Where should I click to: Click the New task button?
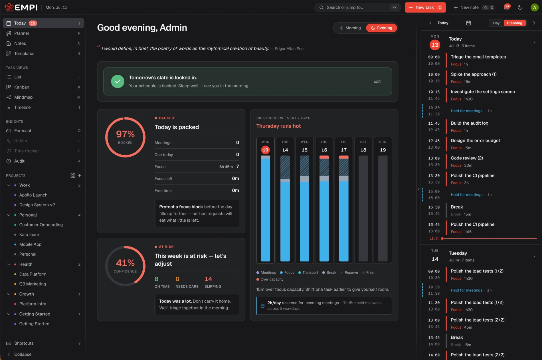point(425,7)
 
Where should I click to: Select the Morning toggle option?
point(350,28)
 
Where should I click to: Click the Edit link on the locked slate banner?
point(377,81)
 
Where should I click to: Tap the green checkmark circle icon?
point(118,81)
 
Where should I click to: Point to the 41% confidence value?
point(125,263)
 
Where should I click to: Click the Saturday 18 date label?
point(363,150)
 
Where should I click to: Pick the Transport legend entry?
point(308,272)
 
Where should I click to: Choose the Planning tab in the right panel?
point(514,23)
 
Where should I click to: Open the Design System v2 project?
point(37,205)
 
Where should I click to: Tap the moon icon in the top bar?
point(520,7)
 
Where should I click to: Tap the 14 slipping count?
point(208,279)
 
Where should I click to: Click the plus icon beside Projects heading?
point(80,176)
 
